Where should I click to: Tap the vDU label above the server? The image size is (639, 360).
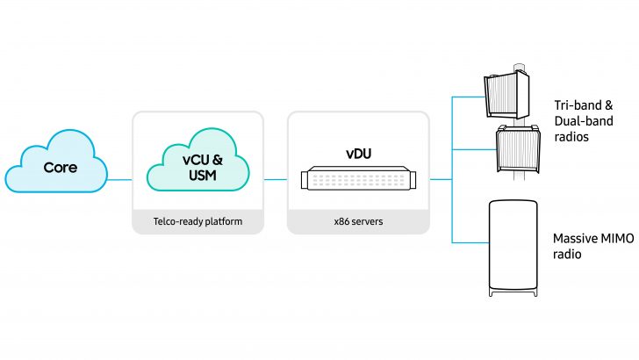coord(357,153)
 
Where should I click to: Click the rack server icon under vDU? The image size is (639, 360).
coord(357,179)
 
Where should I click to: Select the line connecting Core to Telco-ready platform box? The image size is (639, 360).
coord(119,179)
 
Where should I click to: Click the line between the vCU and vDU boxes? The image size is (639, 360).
coord(276,179)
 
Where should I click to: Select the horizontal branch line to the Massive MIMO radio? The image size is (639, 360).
coord(469,241)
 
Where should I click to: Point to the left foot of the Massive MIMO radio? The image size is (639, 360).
coord(492,292)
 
